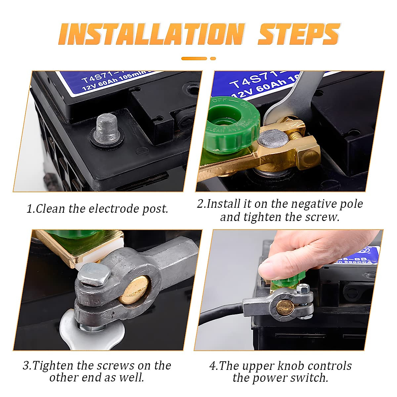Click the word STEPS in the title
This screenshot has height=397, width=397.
(298, 34)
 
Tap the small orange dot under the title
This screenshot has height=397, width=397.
(213, 59)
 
